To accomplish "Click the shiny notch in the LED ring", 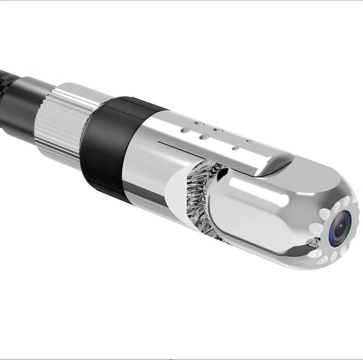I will coord(314,242).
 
